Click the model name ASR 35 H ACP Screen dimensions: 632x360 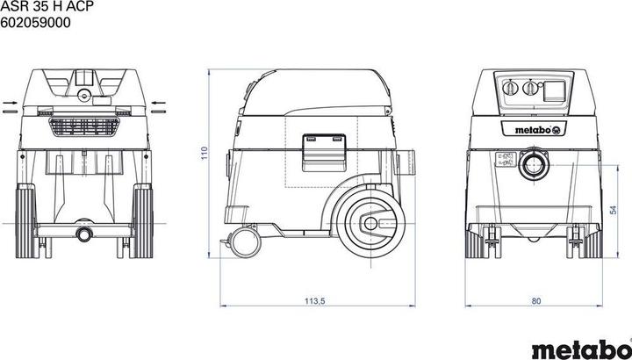point(47,7)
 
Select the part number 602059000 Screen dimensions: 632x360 point(35,23)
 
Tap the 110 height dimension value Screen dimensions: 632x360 point(204,153)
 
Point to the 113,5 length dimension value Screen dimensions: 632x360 point(314,301)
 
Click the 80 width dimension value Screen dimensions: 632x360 point(536,301)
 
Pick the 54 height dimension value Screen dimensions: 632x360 point(613,210)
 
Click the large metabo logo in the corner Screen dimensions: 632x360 point(580,349)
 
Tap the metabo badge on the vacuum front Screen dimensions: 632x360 point(534,130)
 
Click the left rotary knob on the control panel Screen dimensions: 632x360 point(510,88)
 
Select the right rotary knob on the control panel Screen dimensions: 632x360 point(530,88)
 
